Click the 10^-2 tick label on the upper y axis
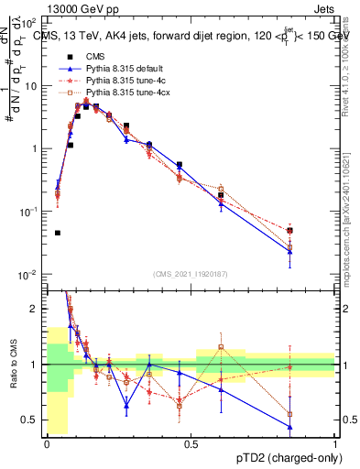29,275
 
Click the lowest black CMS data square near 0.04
58,233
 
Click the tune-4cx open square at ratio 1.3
221,347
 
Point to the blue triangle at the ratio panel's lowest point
289,426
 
